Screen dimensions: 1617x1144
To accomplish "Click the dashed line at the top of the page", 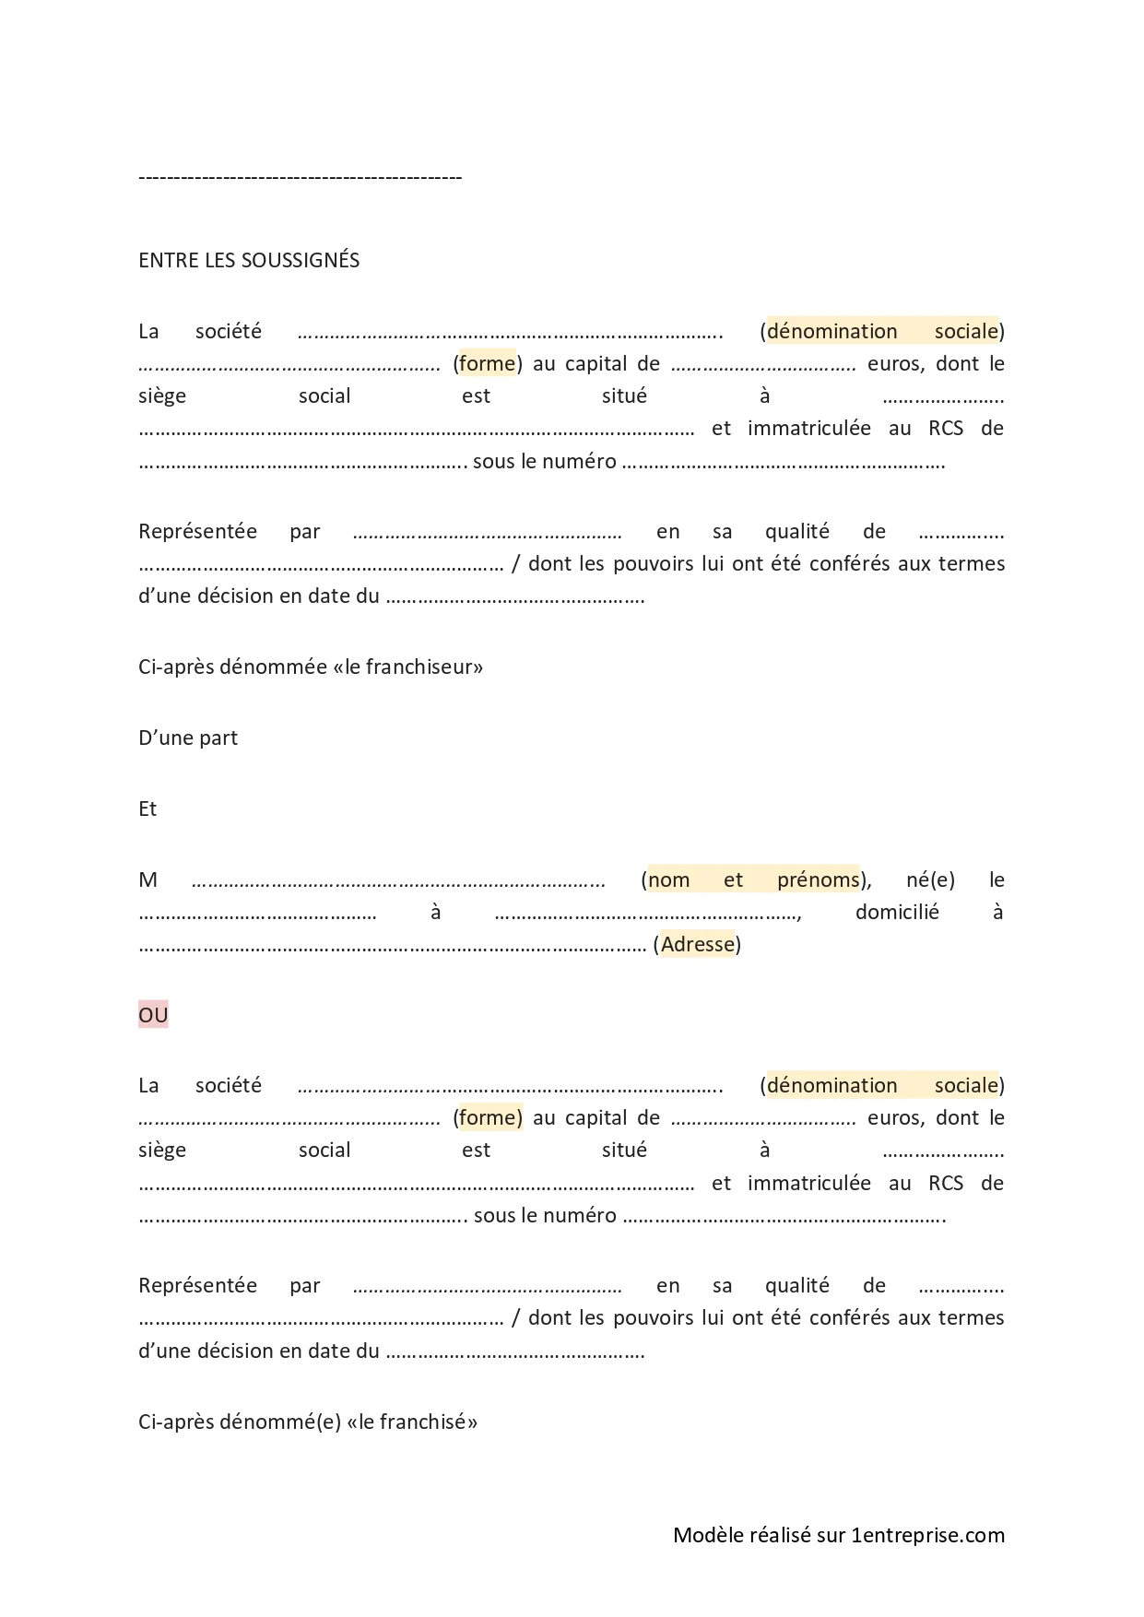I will point(300,176).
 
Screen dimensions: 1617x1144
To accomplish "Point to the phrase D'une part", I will point(188,738).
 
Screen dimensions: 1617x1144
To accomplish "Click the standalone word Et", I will point(147,808).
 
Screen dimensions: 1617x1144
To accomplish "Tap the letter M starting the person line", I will point(147,879).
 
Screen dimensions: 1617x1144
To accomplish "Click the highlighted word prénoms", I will point(818,879).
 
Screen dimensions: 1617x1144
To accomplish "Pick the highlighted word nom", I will point(669,879).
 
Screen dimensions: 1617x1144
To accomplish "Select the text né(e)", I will point(930,879).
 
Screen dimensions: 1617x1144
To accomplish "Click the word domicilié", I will point(897,912).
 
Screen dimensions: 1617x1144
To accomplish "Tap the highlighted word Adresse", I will point(698,944).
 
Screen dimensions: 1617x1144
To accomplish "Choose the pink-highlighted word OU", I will point(153,1015).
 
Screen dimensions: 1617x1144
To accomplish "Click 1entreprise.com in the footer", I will point(928,1535).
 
